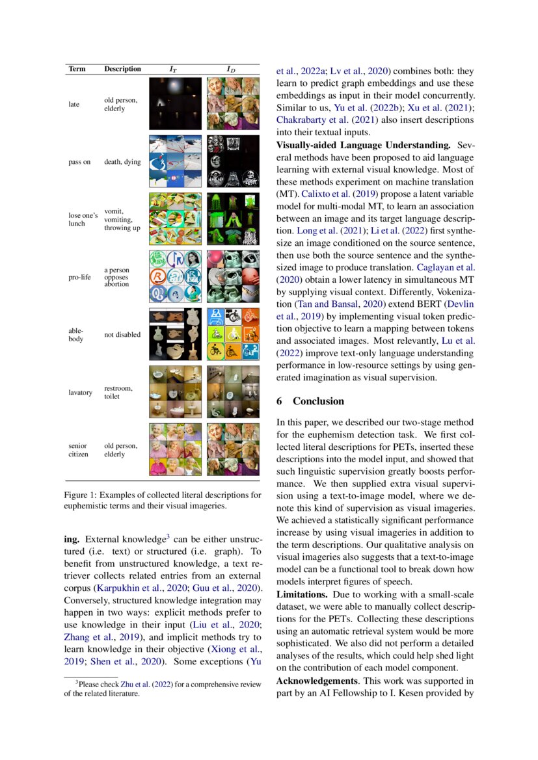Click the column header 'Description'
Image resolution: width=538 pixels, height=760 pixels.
coord(122,69)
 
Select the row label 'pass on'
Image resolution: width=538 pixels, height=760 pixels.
coord(79,162)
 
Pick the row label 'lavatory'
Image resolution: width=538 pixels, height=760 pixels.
coord(81,393)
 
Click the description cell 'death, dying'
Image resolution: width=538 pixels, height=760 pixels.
coord(122,162)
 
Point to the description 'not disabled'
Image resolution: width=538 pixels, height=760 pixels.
coord(122,335)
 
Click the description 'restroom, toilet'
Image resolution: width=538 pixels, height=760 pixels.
coord(118,393)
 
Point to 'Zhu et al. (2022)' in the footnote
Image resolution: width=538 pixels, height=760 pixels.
coord(123,683)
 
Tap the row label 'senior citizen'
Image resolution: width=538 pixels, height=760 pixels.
coord(78,450)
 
